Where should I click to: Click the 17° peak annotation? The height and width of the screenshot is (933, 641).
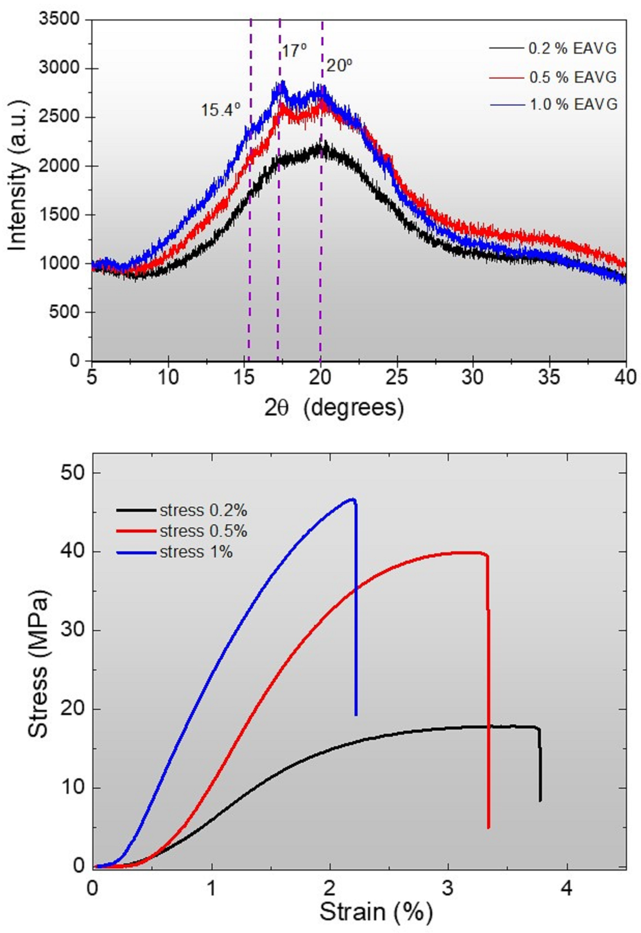point(294,51)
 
